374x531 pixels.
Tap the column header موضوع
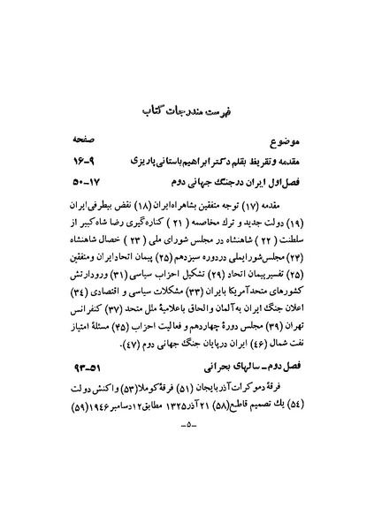292,143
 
